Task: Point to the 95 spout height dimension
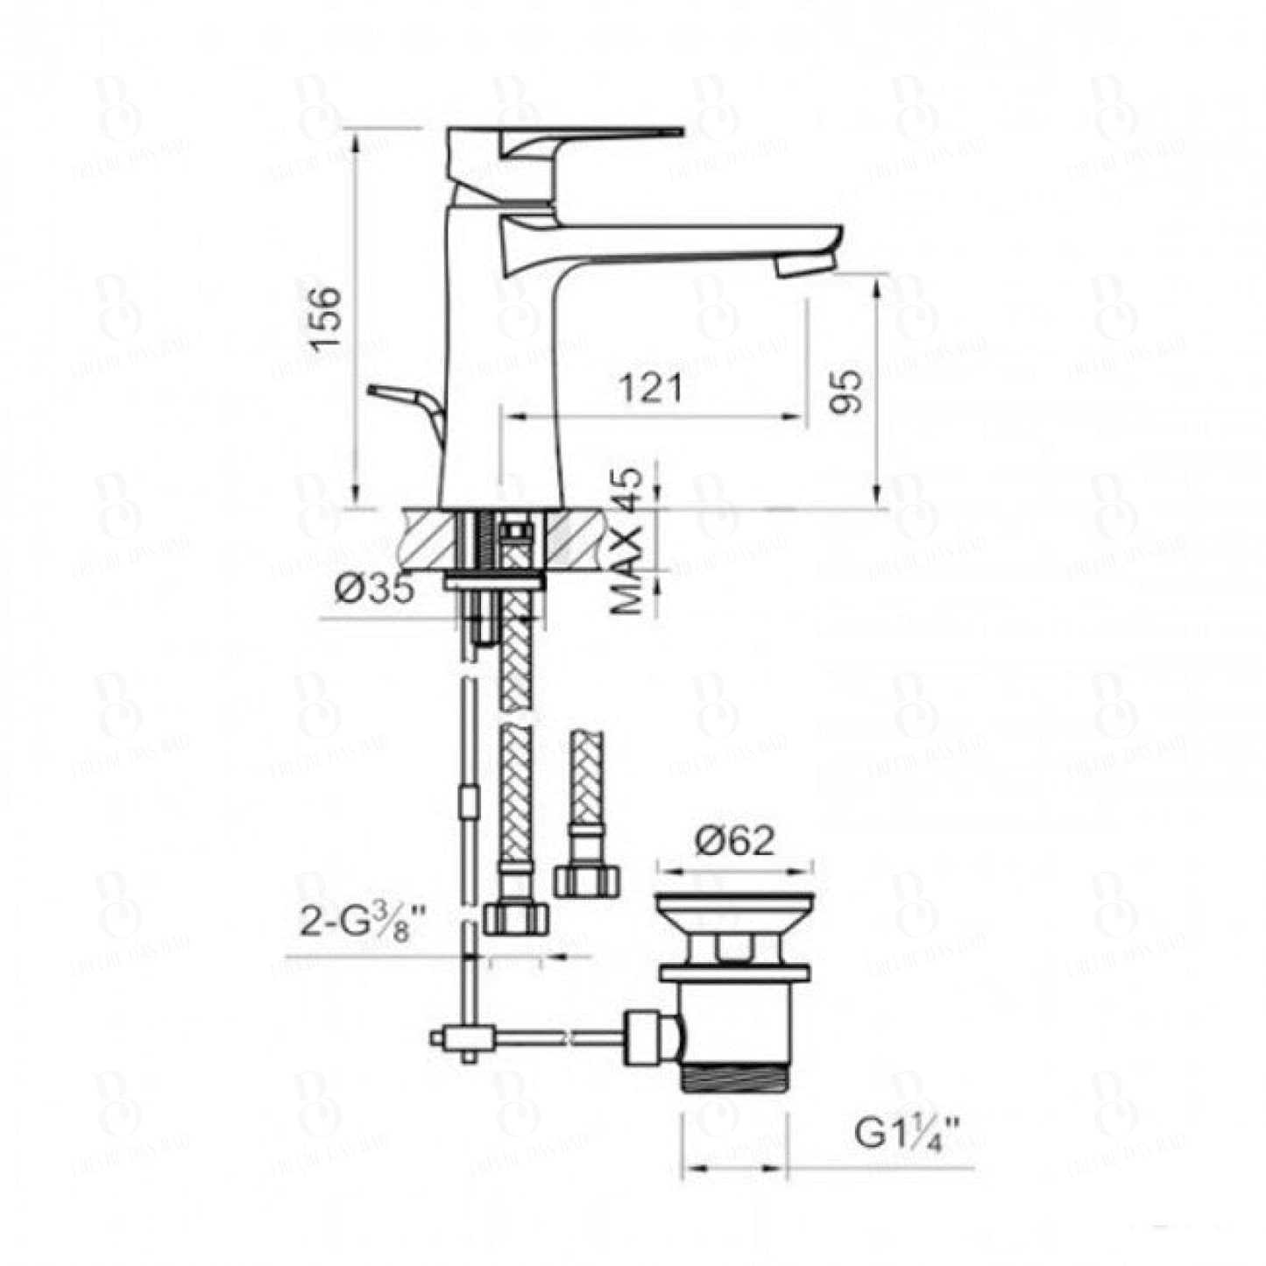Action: click(x=845, y=391)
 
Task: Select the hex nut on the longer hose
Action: click(x=515, y=917)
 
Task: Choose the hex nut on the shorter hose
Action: click(x=587, y=879)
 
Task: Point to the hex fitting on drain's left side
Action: click(x=649, y=1038)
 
